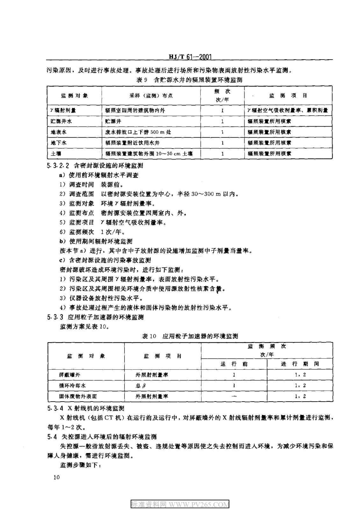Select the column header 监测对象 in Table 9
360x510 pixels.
tap(74, 96)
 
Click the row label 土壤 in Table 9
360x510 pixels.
tap(56, 154)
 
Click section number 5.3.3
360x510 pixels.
tap(56, 317)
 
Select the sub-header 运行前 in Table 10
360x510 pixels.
tap(234, 364)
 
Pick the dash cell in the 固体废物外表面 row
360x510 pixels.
tap(234, 396)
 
